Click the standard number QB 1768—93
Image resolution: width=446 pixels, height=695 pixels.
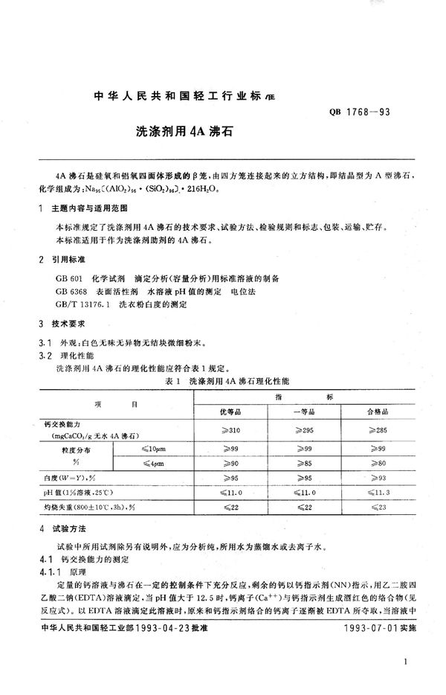(363, 112)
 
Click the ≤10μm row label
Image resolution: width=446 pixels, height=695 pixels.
(155, 450)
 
